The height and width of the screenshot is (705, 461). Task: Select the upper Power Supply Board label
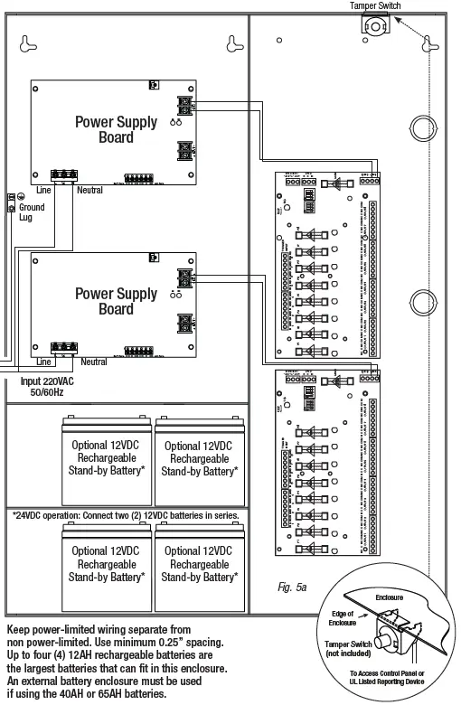(x=116, y=129)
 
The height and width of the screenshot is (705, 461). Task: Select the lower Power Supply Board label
(x=116, y=301)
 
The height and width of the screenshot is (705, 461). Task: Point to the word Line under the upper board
(x=43, y=191)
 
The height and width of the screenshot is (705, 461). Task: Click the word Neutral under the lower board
(x=94, y=362)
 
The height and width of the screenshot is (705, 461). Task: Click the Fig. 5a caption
(x=292, y=587)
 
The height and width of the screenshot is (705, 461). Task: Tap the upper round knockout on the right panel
(x=423, y=127)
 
